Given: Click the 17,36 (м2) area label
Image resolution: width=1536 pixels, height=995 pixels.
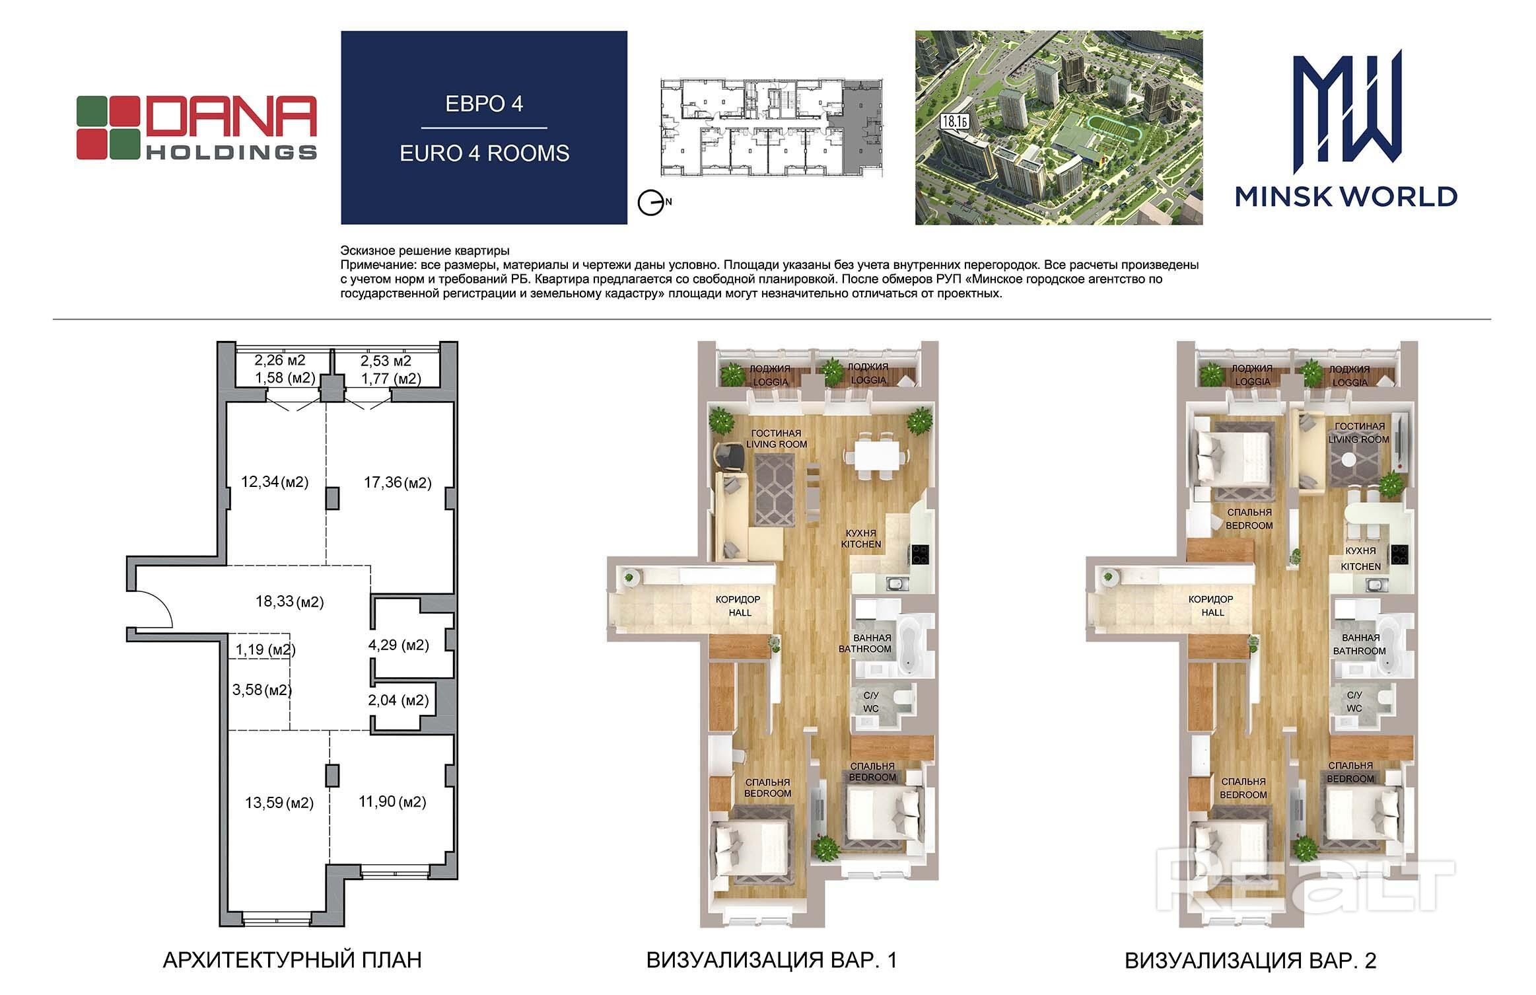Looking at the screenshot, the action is coord(398,483).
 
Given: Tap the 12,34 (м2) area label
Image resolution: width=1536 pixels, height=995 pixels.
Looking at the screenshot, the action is coord(275,482).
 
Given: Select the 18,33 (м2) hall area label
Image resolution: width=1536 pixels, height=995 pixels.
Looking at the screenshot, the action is coord(289,602).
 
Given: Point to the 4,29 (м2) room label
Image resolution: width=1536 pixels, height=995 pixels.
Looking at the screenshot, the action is coord(398,645).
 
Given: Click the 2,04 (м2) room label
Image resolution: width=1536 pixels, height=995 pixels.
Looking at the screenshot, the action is coord(398,700).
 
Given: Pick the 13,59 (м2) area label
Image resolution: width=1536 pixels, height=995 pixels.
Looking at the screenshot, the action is coord(279,803).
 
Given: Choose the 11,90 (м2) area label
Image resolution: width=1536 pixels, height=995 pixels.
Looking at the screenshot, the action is coord(392,801).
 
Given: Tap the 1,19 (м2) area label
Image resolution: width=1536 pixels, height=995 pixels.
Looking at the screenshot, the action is coord(265,649).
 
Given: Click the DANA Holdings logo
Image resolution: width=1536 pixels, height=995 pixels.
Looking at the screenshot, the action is coord(197,128).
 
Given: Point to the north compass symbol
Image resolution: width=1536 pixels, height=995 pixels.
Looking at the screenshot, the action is coord(652,203).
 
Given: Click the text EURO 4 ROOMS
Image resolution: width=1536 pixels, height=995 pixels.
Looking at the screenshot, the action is coord(485,153).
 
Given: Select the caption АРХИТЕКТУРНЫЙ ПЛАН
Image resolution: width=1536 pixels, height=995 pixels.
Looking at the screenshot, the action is coord(292,960).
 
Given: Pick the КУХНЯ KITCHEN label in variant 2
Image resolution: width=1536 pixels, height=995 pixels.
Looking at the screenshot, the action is coord(1360,558).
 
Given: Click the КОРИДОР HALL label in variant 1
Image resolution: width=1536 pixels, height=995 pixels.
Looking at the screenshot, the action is coord(738,606).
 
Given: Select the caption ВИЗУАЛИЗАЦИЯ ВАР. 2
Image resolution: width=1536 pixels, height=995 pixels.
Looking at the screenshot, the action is coord(1251,960).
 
